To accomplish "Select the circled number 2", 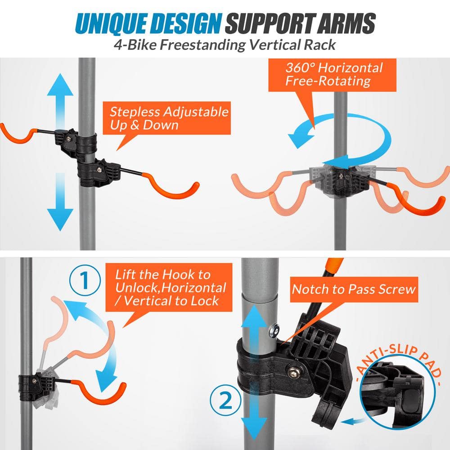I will point(223,399).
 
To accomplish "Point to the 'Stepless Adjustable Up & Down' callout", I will point(169,118).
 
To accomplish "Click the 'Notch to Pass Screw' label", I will point(353,289).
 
